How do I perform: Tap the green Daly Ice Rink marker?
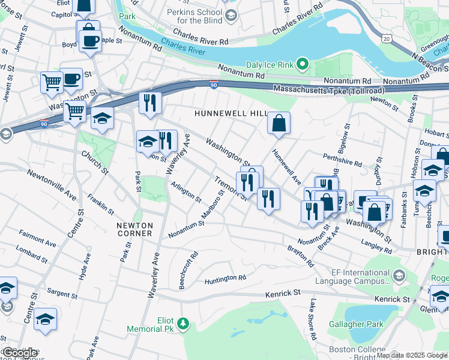(x=304, y=64)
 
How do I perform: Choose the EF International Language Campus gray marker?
(x=400, y=275)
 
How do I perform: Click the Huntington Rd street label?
(x=225, y=278)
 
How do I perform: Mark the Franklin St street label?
(x=100, y=204)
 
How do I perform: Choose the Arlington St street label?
(x=185, y=193)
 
